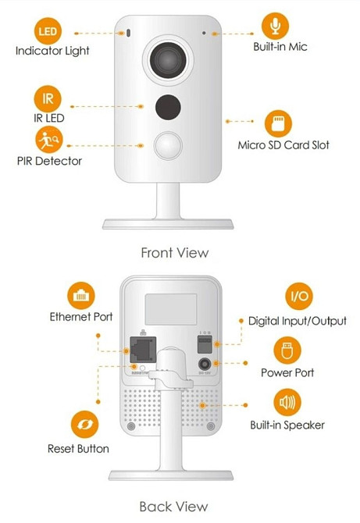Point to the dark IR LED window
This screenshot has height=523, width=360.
(168, 105)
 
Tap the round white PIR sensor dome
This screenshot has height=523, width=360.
(169, 144)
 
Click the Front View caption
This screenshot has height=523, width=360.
(174, 252)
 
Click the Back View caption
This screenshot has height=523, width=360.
(173, 506)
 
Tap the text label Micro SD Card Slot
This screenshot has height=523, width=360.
(283, 145)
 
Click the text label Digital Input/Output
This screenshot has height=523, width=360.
(297, 321)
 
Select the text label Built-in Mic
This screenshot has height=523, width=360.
(280, 47)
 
